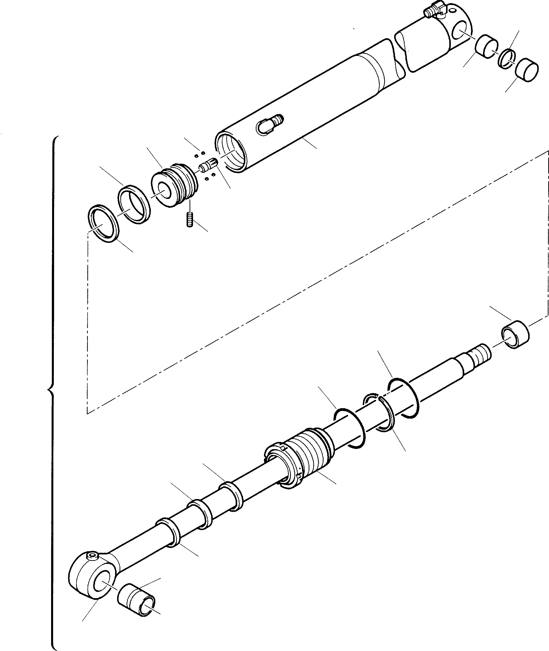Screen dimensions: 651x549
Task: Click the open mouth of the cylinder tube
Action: (x=231, y=151)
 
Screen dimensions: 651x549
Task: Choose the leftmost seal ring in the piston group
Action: (x=103, y=224)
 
